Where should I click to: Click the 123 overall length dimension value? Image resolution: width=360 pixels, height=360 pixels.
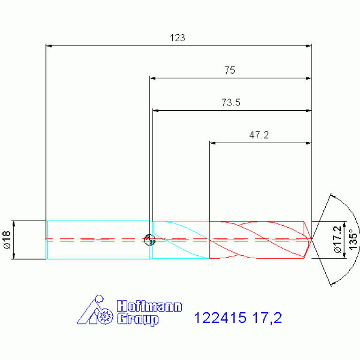(x=177, y=38)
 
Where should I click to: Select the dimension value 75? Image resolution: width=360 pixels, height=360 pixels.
(x=230, y=70)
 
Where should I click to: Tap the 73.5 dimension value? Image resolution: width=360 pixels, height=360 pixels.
(x=231, y=103)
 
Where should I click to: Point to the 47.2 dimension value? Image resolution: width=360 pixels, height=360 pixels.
(x=259, y=135)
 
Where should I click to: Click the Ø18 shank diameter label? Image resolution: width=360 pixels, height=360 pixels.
(x=7, y=240)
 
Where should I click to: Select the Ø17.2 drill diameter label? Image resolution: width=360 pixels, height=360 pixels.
(x=338, y=239)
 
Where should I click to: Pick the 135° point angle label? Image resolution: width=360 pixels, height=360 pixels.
(x=353, y=239)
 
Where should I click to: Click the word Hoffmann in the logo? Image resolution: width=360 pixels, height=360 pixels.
(x=149, y=306)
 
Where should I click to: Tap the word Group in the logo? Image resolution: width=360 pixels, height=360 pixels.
(x=138, y=319)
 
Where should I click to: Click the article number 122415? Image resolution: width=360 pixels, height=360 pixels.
(x=220, y=318)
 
